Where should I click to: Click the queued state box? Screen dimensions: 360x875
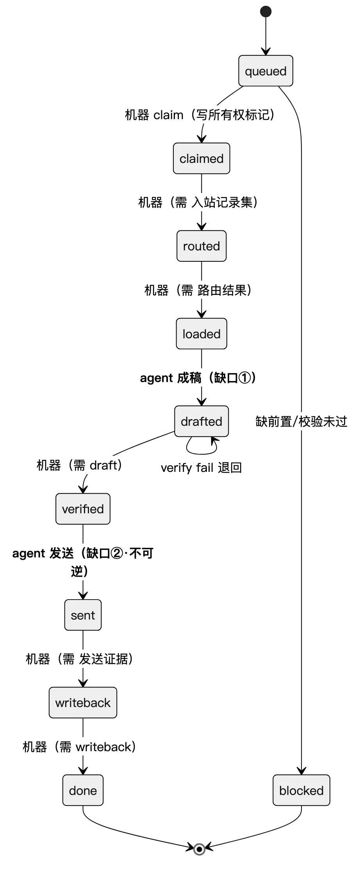tap(266, 71)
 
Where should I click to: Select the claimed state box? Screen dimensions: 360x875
tap(201, 158)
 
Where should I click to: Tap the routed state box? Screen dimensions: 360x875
tap(201, 246)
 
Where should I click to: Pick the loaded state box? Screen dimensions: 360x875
tap(201, 334)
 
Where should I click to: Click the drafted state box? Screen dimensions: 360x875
tap(201, 421)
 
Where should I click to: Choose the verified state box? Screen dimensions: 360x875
tap(83, 509)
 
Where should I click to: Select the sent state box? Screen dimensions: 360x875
tap(83, 615)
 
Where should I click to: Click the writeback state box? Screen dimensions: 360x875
tap(83, 702)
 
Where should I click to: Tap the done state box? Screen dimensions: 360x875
tap(83, 790)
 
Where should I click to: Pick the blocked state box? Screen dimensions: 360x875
tap(301, 790)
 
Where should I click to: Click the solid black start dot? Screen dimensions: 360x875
tap(266, 11)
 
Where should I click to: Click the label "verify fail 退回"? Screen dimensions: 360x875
tap(201, 468)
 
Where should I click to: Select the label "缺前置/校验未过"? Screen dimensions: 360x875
tap(301, 421)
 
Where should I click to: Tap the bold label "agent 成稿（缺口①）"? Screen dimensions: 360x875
tap(198, 378)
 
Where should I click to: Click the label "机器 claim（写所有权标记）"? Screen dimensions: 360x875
tap(200, 115)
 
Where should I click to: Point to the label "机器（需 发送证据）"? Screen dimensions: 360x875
tap(79, 659)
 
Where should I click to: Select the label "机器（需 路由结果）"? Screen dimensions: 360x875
tap(198, 290)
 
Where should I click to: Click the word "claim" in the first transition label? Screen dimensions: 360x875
tap(168, 115)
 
